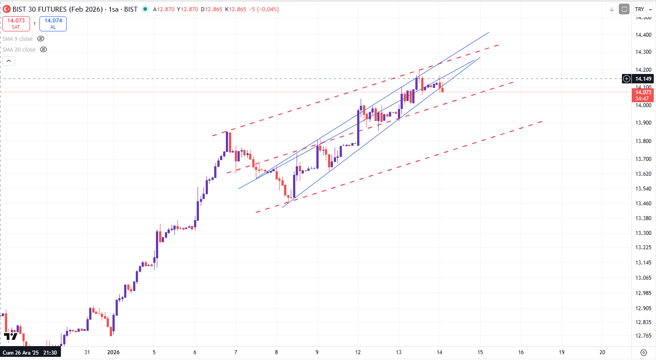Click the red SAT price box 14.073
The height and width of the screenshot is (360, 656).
pos(16,23)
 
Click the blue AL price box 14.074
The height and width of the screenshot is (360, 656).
pos(53,23)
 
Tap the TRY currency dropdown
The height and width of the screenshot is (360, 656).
pos(643,9)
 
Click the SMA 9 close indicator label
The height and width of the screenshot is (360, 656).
pos(17,39)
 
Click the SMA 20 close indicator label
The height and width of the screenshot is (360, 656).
pos(19,50)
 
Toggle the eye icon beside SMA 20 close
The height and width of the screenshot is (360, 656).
pos(43,50)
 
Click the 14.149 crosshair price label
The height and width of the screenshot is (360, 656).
pos(644,79)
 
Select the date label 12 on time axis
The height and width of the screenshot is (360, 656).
pos(358,352)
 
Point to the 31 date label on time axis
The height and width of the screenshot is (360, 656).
pos(87,352)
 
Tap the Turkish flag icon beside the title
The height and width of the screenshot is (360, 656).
pos(7,9)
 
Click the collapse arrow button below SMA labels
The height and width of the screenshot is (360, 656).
pos(9,61)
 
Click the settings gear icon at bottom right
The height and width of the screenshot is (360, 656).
pos(644,352)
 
